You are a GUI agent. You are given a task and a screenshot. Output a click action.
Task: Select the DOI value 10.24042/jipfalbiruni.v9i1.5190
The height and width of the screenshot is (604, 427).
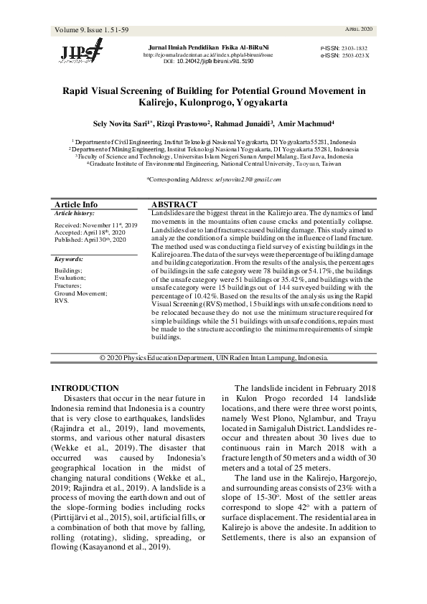tap(216, 62)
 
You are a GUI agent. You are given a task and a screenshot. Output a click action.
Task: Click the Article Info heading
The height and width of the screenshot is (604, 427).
tap(76, 204)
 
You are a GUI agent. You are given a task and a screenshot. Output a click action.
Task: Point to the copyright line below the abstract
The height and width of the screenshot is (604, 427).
tap(214, 357)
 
